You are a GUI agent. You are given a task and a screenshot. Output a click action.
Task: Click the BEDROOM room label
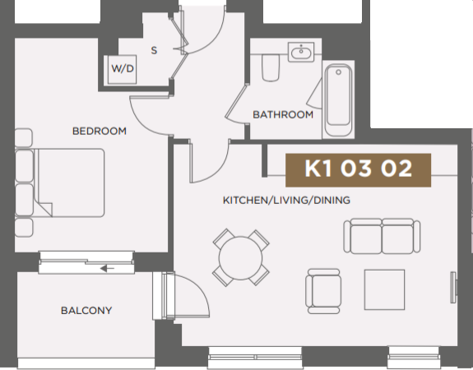pyautogui.click(x=99, y=131)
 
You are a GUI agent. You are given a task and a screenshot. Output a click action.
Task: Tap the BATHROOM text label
pyautogui.click(x=283, y=114)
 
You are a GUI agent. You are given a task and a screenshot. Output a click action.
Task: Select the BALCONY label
pyautogui.click(x=86, y=311)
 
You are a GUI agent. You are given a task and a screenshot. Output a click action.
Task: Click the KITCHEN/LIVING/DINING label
pyautogui.click(x=286, y=200)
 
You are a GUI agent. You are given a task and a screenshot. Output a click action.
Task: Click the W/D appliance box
pyautogui.click(x=123, y=69)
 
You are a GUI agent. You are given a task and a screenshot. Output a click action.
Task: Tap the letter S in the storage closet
pyautogui.click(x=154, y=50)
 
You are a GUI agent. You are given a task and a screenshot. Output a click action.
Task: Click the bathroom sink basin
pyautogui.click(x=301, y=54)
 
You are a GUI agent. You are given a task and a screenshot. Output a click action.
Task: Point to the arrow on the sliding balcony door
pyautogui.click(x=105, y=267)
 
